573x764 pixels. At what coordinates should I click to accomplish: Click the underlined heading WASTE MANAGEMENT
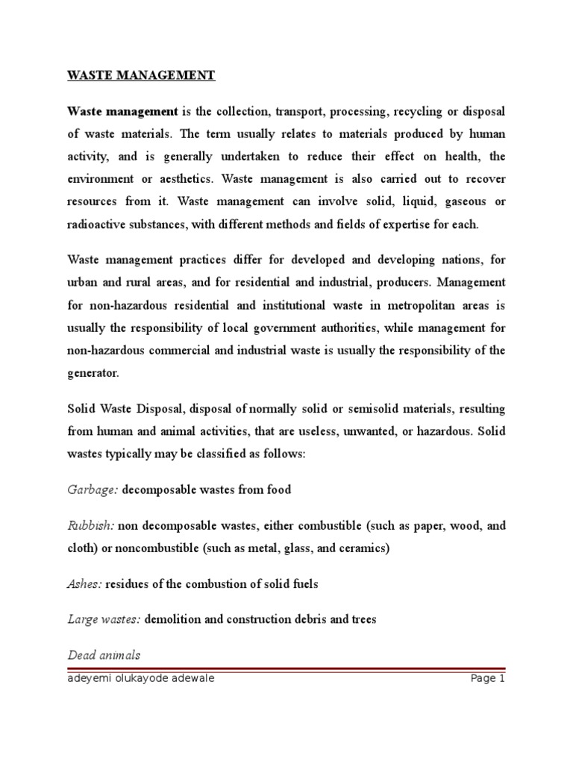pyautogui.click(x=141, y=75)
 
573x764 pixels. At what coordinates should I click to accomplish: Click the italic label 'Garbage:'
pyautogui.click(x=93, y=490)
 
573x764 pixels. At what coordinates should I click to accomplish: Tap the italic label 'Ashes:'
pyautogui.click(x=84, y=584)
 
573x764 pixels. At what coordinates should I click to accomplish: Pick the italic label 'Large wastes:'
pyautogui.click(x=104, y=619)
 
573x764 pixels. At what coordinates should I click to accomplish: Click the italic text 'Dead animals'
pyautogui.click(x=103, y=654)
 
